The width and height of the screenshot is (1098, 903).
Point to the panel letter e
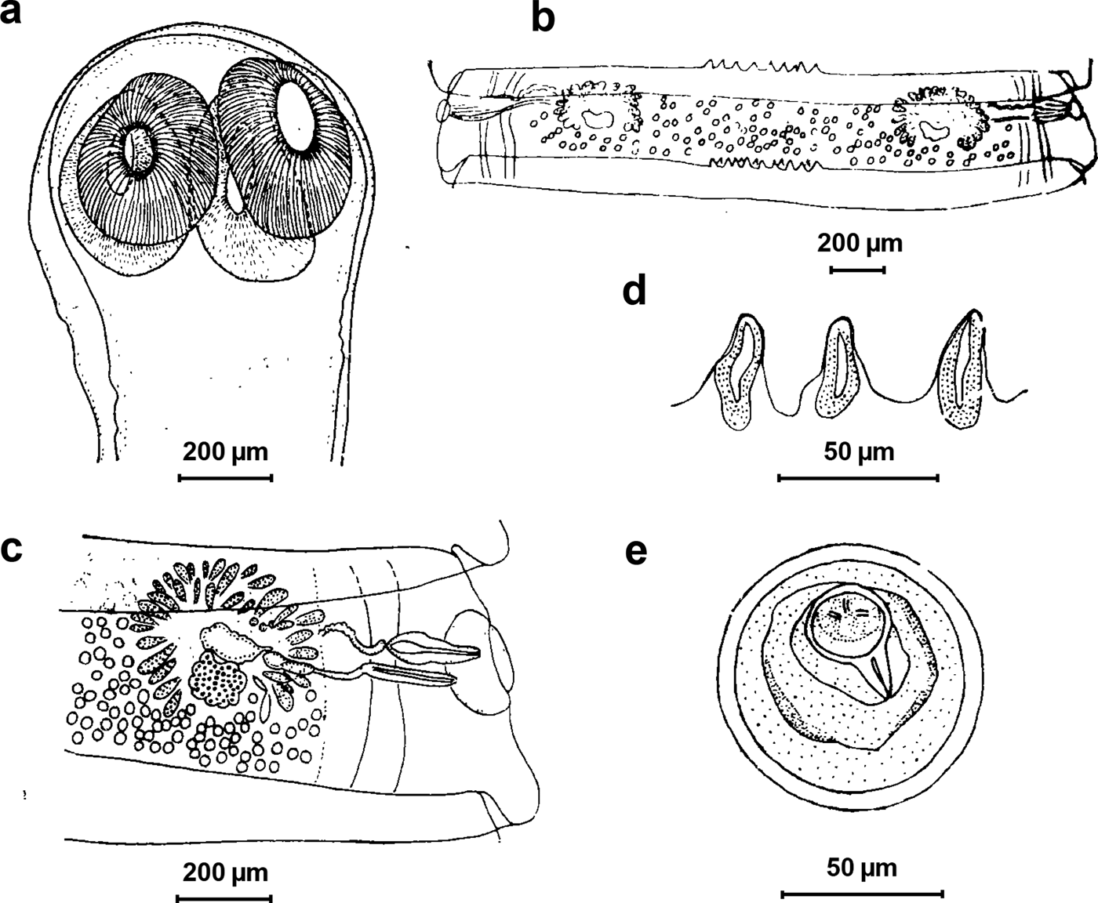[x=635, y=552]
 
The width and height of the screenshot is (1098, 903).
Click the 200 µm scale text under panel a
[x=225, y=452]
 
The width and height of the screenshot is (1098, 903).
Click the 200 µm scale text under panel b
[x=860, y=243]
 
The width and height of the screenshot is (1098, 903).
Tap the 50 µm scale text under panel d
[x=859, y=451]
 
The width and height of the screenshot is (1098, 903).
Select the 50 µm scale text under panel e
[x=861, y=868]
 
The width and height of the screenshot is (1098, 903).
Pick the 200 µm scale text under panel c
[x=225, y=872]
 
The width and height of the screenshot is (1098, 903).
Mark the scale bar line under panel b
[x=857, y=270]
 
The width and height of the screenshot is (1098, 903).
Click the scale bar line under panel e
[x=862, y=892]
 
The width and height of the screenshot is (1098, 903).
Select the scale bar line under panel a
[x=225, y=477]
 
